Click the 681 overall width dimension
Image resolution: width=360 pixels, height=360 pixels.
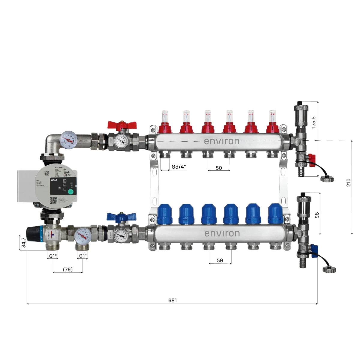(172, 300)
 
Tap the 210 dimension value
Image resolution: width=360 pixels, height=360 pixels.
(348, 182)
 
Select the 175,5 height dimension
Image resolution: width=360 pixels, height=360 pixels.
(314, 122)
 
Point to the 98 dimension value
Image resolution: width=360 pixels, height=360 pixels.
(317, 215)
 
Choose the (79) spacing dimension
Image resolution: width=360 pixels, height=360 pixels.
(68, 269)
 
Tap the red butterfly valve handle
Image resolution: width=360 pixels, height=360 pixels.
(122, 125)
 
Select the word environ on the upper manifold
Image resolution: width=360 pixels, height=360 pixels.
(222, 141)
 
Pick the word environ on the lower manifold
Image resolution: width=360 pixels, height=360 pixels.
(222, 233)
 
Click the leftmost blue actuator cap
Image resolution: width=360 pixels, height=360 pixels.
(165, 214)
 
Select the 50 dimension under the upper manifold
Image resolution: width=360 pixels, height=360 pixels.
(219, 168)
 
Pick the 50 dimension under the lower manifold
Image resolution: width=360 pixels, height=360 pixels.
(220, 261)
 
